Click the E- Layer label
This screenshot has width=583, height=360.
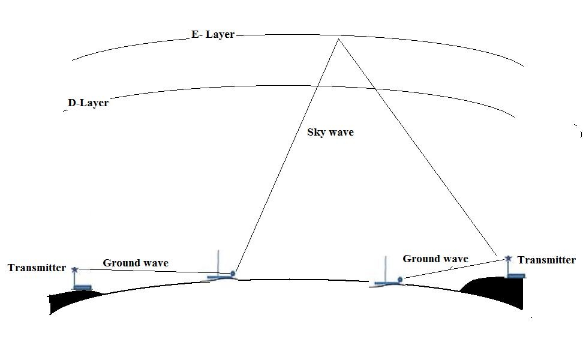[x=213, y=34]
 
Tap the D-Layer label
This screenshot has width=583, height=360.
[x=88, y=103]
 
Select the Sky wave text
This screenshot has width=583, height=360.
[x=330, y=133]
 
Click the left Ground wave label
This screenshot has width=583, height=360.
[x=136, y=263]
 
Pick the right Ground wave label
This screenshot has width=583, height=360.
[x=435, y=259]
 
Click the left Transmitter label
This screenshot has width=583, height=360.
[x=37, y=268]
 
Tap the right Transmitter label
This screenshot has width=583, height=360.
[x=546, y=260]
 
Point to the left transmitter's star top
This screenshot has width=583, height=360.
[x=75, y=269]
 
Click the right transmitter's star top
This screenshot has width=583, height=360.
[x=508, y=258]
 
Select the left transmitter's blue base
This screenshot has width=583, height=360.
[x=82, y=287]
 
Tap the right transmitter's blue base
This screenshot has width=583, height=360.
[x=516, y=275]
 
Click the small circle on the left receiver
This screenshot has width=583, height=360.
[x=233, y=274]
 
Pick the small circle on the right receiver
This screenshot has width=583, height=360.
[x=400, y=279]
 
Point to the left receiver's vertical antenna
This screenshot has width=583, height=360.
[x=218, y=263]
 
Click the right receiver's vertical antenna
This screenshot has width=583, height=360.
[x=385, y=269]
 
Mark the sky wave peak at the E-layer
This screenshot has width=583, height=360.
[x=338, y=38]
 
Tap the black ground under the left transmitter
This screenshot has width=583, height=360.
[x=71, y=301]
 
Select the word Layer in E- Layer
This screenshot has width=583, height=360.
[x=220, y=35]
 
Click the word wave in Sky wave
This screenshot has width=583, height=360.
[x=340, y=133]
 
